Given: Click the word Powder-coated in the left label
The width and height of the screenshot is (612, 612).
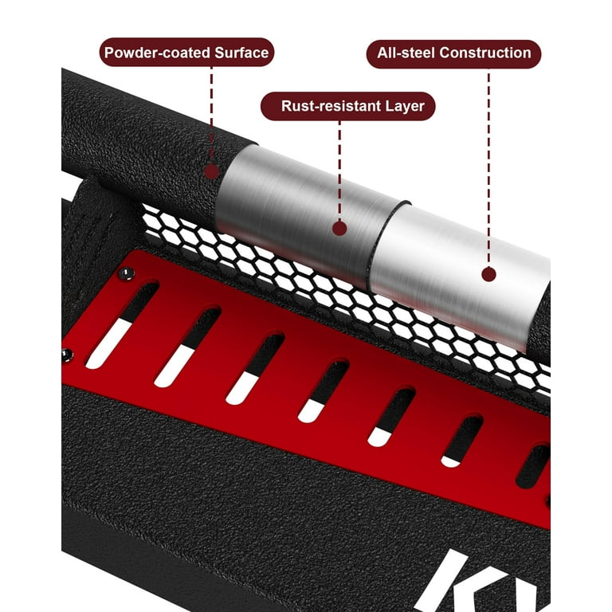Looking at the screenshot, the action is click(157, 53).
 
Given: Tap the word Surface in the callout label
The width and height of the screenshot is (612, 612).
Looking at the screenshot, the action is click(241, 53).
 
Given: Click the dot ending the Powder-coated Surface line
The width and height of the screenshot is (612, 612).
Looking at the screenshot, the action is click(211, 171).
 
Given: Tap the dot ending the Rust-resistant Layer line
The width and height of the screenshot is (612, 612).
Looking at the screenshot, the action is click(339, 229).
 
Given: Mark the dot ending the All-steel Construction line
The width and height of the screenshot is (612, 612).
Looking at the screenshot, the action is click(488, 274).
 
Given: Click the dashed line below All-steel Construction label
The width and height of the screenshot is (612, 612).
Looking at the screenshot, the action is click(488, 168).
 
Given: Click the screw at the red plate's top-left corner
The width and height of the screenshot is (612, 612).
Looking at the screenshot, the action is click(126, 274).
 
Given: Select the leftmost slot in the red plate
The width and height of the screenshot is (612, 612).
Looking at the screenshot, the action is click(122, 325).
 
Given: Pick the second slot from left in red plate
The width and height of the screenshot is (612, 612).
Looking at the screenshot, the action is click(187, 347).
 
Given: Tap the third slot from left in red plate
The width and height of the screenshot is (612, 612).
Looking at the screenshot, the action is click(255, 369).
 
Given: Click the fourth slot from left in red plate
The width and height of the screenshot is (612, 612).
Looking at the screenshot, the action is click(324, 391).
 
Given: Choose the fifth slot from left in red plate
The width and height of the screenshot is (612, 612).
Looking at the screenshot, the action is click(391, 417).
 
